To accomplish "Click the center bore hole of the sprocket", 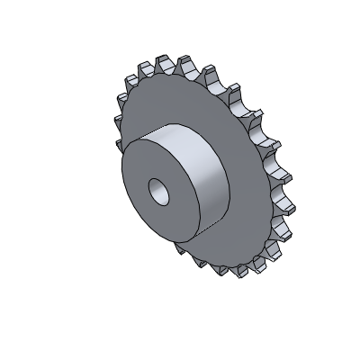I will pyautogui.click(x=159, y=191).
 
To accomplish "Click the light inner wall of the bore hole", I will pyautogui.click(x=163, y=192).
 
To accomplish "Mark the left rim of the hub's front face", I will pyautogui.click(x=122, y=180).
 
